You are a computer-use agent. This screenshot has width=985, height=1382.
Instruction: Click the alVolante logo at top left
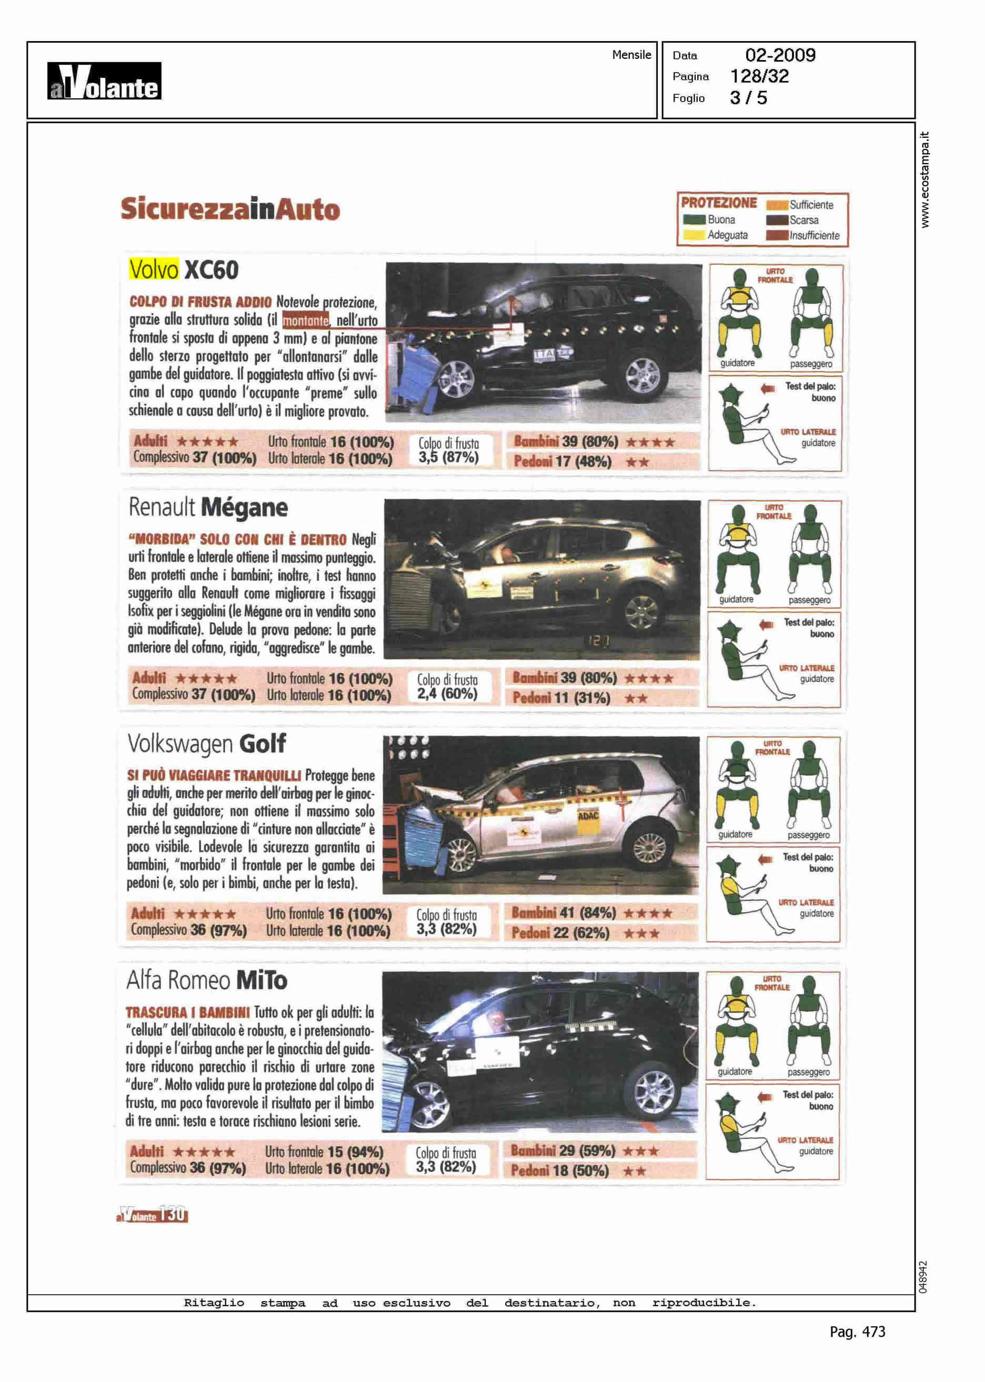[x=104, y=80]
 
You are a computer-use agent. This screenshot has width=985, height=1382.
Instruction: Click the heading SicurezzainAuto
[x=230, y=209]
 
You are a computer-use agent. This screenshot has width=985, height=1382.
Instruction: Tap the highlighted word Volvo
[x=154, y=270]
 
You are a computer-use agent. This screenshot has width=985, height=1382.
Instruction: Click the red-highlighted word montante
[x=306, y=320]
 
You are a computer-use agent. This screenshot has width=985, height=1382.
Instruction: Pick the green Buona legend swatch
[x=694, y=219]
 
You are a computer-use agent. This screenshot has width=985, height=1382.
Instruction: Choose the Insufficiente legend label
[x=814, y=235]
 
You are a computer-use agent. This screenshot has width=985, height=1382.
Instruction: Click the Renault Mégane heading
[x=208, y=508]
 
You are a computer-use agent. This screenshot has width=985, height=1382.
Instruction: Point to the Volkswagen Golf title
[x=206, y=744]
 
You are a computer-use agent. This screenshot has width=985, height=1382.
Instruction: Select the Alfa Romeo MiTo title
[x=206, y=980]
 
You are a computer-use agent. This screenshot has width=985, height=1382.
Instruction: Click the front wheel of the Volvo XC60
[x=456, y=379]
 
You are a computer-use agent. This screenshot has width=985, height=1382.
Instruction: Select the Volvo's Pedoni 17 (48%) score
[x=562, y=461]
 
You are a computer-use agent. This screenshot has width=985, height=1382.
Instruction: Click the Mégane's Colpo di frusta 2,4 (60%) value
[x=447, y=694]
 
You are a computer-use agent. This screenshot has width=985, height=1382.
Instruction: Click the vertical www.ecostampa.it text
[x=924, y=180]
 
